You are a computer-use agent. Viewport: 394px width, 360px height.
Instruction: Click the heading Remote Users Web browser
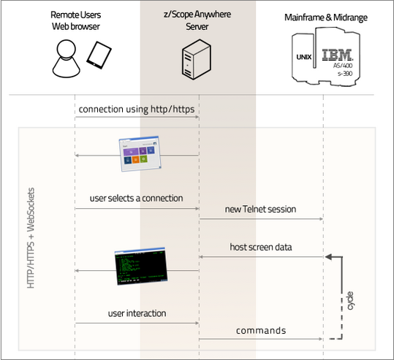[x=76, y=20]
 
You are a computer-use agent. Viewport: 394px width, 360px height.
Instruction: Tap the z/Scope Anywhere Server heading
[x=198, y=20]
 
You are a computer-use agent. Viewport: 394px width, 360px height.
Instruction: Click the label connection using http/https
[x=137, y=110]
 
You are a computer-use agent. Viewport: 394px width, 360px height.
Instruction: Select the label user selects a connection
[x=136, y=198]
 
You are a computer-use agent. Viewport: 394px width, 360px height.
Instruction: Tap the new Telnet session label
[x=260, y=209]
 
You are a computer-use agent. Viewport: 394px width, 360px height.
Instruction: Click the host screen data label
[x=260, y=248]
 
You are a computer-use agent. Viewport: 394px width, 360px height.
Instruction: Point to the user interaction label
[x=137, y=313]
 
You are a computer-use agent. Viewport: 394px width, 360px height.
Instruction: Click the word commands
[x=260, y=331]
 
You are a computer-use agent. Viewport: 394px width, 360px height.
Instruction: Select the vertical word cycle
[x=350, y=301]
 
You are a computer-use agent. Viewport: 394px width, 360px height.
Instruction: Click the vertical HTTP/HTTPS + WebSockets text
[x=31, y=242]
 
